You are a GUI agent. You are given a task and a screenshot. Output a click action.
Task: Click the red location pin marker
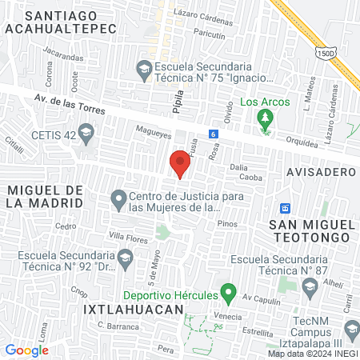tap(179, 165)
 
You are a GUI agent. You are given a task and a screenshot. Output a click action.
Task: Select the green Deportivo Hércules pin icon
tap(228, 294)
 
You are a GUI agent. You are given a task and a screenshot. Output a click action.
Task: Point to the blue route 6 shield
tap(213, 134)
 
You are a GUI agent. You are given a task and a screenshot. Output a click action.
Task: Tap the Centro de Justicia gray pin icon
tap(118, 198)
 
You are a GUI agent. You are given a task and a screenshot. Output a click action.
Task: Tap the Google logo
tap(26, 350)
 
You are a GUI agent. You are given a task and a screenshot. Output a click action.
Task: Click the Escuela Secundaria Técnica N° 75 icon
tap(144, 68)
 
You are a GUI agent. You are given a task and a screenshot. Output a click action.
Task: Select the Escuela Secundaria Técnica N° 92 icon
tap(125, 257)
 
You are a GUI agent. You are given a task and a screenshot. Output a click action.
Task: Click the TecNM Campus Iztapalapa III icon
tap(350, 328)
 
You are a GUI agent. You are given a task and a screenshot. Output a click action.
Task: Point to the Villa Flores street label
tap(129, 237)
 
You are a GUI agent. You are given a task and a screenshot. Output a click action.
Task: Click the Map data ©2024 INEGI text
tap(312, 353)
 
